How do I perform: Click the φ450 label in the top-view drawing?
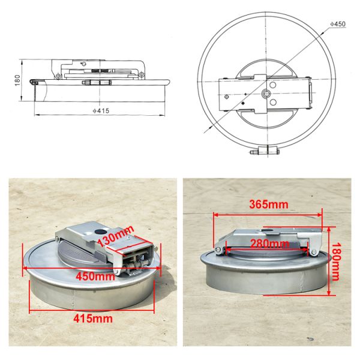(338, 23)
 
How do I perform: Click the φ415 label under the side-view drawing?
(100, 110)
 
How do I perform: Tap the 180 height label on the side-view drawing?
(17, 79)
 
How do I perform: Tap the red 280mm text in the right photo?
(269, 244)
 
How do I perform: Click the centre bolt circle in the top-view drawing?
(265, 94)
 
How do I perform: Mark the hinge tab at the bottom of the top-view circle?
(265, 150)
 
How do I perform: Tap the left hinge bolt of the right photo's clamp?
(220, 251)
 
